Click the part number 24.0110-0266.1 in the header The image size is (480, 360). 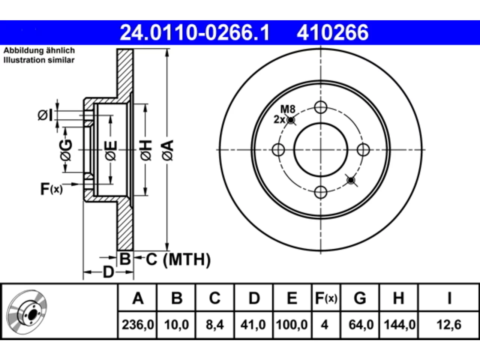pos(195,33)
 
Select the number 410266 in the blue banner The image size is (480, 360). pos(333,33)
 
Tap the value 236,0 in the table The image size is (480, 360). pos(138,325)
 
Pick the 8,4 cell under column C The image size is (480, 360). pos(215,325)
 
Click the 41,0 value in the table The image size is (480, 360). pos(253,325)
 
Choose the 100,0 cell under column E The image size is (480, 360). pos(292,325)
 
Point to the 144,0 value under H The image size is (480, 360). pos(399,325)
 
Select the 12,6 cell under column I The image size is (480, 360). pos(449,325)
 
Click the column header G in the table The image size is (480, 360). pos(360,298)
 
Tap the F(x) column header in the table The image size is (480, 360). pos(326,298)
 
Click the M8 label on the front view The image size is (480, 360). pos(288,109)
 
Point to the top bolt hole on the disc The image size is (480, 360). pos(321,107)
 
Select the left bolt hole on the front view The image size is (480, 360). pos(278,150)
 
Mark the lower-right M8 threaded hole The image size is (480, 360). pos(351,180)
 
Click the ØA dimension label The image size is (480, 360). pos(168,150)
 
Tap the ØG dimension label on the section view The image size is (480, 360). pos(66,150)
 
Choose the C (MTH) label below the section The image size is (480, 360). pos(178,259)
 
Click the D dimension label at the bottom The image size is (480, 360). pos(108,272)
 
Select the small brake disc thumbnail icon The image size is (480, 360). pos(27,312)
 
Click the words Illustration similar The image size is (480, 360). pos(39,60)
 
